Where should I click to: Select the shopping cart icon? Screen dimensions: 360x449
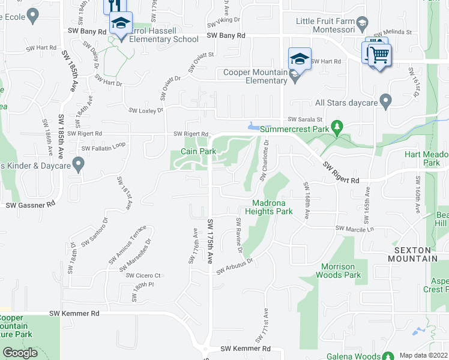[x=379, y=55]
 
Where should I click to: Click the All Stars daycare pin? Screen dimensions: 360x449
[x=385, y=100]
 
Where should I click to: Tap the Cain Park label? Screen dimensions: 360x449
[x=199, y=152]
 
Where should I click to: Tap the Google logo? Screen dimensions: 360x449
[x=20, y=353]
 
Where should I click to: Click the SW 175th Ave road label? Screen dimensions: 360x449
[x=211, y=247]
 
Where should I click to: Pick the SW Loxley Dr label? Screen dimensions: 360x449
[x=146, y=110]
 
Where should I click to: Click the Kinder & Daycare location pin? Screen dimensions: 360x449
[x=77, y=163]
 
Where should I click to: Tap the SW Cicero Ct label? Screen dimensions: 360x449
[x=143, y=275]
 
